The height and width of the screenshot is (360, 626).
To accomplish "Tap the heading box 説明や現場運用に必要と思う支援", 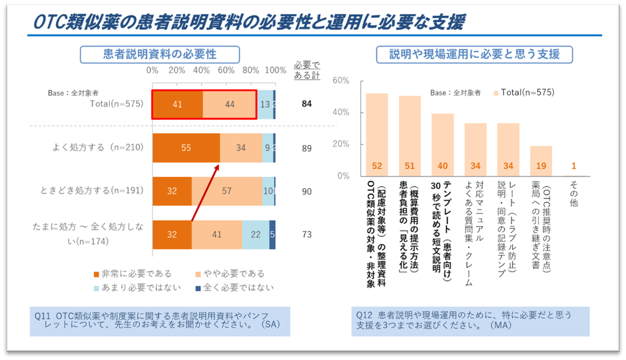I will pos(474,54).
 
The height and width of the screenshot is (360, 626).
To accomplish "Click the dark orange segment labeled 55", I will pos(186,148).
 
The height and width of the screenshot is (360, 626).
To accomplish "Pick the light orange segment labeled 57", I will pos(226,192).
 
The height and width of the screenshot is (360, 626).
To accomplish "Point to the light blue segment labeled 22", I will pos(256,235).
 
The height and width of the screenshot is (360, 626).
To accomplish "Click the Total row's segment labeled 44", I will pos(229,104).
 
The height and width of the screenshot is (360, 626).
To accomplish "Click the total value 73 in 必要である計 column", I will pos(306,235).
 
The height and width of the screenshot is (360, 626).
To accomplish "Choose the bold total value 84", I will pos(306,104).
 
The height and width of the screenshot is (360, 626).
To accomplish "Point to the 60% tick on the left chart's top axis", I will pos(226,70).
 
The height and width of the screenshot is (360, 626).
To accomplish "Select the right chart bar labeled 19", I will pos(541,161).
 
